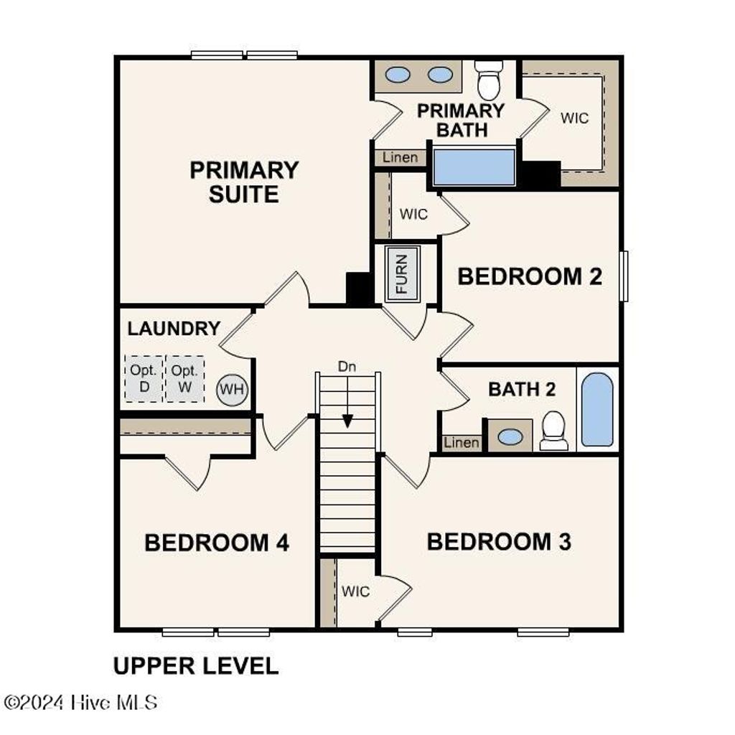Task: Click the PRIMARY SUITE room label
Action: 244,182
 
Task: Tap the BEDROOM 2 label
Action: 530,276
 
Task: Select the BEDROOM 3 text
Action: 499,542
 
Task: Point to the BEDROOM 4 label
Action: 217,543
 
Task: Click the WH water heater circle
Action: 232,390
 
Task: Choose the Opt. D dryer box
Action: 144,378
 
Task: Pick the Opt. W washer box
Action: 185,378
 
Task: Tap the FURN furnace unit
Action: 401,273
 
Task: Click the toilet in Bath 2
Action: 554,430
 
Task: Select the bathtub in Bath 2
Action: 597,409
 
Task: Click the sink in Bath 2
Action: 510,436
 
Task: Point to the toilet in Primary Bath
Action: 490,80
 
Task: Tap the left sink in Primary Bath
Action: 398,75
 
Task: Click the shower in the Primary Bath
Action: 474,167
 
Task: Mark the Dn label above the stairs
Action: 347,366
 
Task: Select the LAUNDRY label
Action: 174,329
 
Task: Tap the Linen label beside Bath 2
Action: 461,442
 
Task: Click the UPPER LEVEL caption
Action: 196,666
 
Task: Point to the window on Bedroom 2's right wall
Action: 624,276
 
